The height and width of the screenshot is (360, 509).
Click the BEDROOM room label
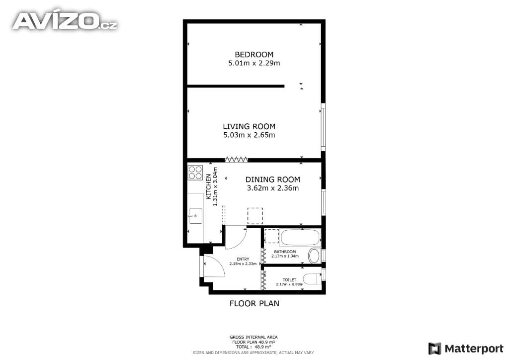(x=254, y=55)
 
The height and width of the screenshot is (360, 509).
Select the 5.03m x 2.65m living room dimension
(x=249, y=135)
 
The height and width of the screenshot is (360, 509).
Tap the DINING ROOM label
(x=273, y=180)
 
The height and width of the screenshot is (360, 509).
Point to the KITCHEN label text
(x=209, y=186)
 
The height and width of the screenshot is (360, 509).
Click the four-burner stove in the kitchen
(x=195, y=173)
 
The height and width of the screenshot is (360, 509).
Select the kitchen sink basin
(x=195, y=215)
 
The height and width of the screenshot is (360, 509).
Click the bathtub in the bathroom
(x=300, y=237)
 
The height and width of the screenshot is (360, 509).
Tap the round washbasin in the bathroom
(x=314, y=256)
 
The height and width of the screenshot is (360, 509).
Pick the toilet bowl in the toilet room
(x=312, y=279)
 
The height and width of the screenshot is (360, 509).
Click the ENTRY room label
(x=243, y=259)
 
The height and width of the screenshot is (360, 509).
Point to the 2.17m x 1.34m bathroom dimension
(x=285, y=256)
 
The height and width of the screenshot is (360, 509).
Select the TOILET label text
(x=290, y=280)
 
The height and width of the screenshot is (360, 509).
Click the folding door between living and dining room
(x=236, y=160)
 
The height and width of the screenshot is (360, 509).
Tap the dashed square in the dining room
(x=255, y=216)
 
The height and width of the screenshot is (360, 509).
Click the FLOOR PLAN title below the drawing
(x=254, y=303)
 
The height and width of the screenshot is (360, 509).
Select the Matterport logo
(x=465, y=349)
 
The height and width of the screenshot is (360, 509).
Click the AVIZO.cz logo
(x=65, y=21)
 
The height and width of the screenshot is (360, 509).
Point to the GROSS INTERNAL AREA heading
(x=254, y=337)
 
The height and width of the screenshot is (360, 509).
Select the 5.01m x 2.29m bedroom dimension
(x=254, y=63)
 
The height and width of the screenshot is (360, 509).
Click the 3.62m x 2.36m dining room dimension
(x=273, y=188)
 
